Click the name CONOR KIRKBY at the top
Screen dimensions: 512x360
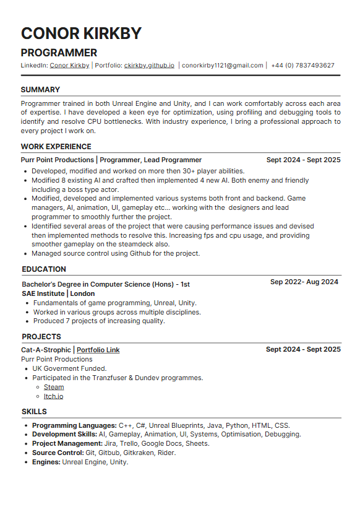[x=81, y=33]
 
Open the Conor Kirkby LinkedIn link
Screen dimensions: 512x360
[x=69, y=65]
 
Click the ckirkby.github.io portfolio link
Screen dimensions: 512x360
[x=149, y=65]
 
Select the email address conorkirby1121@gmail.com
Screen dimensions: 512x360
[x=223, y=65]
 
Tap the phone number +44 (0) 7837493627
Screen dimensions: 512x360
[x=302, y=65]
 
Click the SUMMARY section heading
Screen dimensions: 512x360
[x=40, y=90]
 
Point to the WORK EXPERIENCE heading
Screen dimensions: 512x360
[x=56, y=147]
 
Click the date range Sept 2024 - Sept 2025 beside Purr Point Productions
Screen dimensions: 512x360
[x=303, y=160]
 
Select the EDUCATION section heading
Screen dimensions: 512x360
[x=44, y=269]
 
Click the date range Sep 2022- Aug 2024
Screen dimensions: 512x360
[x=304, y=282]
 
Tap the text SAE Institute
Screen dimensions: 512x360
[x=43, y=293]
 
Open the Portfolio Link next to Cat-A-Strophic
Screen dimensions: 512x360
[x=98, y=350]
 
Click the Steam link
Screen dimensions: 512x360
[x=54, y=387]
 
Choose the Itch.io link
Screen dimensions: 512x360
[x=53, y=396]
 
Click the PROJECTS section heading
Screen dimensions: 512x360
[x=41, y=337]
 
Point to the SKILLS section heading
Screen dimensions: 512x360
[x=34, y=412]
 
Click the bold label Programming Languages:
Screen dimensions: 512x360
[x=74, y=425]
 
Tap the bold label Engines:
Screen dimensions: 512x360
[x=46, y=462]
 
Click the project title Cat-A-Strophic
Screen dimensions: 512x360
[x=46, y=350]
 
